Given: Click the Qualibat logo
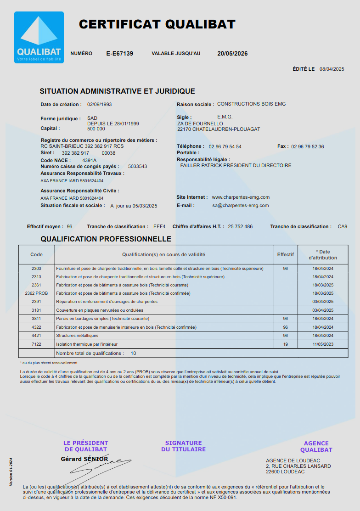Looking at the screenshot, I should [x=39, y=37].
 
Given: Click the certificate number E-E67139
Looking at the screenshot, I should [x=120, y=54].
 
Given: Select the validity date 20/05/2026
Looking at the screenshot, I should [x=232, y=54].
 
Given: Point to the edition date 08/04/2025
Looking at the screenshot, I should [x=332, y=69].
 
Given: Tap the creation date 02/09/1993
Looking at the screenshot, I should [x=99, y=104].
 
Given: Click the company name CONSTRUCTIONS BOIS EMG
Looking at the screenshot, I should [x=251, y=104].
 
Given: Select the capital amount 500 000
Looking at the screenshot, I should [x=96, y=129].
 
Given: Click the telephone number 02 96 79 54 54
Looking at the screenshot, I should [x=225, y=147].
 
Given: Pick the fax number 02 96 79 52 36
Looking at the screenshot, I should [x=308, y=147].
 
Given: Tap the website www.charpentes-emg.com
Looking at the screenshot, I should [x=241, y=197].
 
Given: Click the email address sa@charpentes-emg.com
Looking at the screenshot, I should [x=241, y=206].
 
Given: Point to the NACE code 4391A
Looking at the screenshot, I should [x=89, y=160].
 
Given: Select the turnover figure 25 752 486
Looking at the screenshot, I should [x=240, y=227].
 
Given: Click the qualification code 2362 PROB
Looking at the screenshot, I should [x=36, y=293].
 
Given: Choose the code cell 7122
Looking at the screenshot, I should [x=36, y=344].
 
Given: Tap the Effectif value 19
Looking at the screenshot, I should [x=285, y=344].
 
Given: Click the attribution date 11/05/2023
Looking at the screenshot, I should [x=323, y=344].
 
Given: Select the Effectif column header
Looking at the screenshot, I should [x=285, y=254].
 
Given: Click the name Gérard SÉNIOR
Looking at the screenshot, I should [x=84, y=459].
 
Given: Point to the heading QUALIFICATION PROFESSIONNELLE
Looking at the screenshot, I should [x=106, y=239].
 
